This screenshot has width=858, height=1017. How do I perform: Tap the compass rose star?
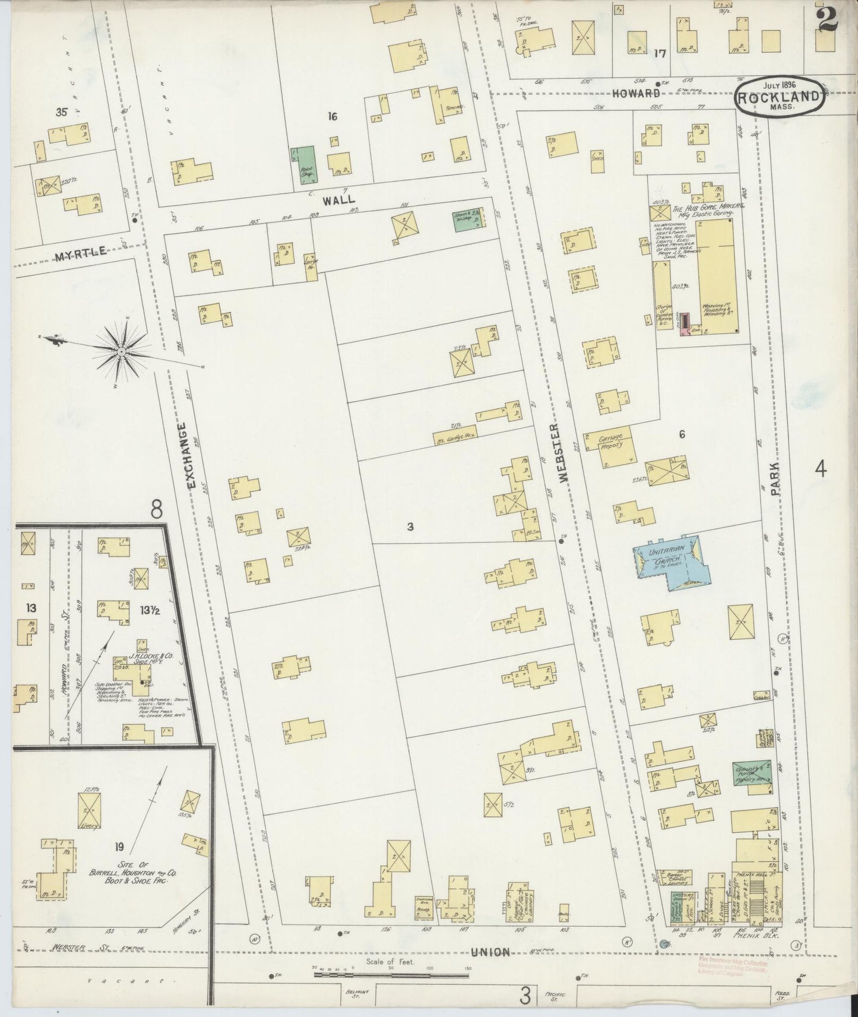click(122, 351)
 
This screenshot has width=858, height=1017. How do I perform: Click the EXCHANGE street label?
click(190, 455)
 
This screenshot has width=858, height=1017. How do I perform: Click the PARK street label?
click(775, 479)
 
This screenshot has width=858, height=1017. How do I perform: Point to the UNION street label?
click(490, 952)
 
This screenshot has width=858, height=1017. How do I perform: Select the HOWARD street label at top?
click(636, 93)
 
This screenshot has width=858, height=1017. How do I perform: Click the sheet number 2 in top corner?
click(827, 18)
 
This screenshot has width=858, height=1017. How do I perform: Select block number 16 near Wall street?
click(333, 116)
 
